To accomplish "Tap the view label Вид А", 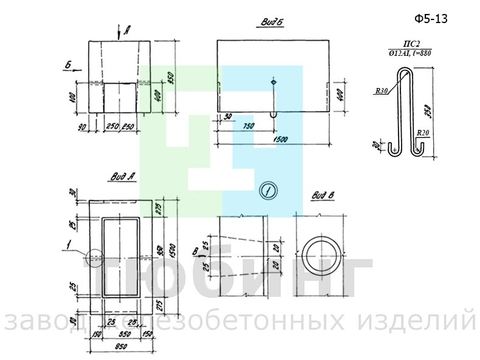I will coord(122,177).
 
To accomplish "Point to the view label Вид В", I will coord(321,196).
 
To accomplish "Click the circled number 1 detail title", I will coord(267,191).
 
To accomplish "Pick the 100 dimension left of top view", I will coord(72,97).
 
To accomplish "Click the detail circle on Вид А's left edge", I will coord(95,258).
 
